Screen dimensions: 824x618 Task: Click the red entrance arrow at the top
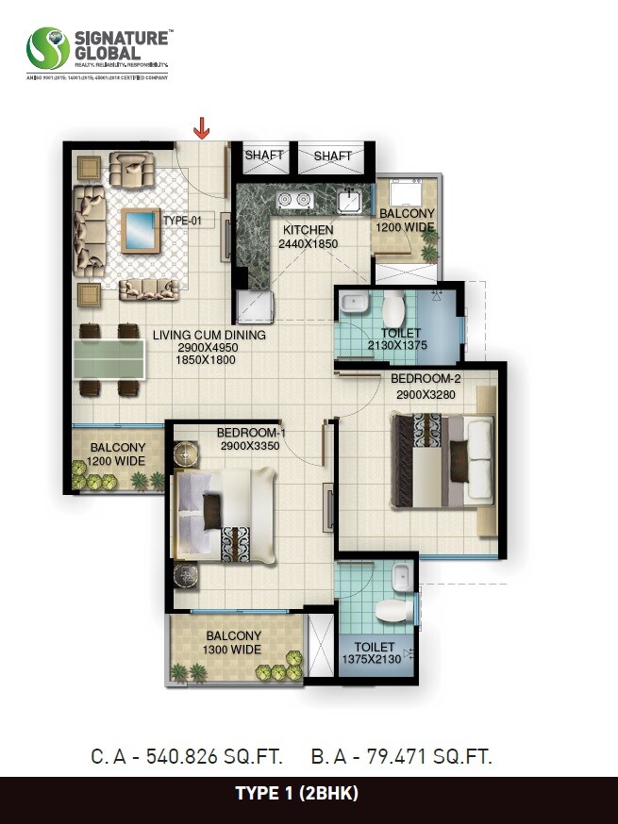[x=201, y=127]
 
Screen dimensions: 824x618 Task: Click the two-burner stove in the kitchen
[x=290, y=200]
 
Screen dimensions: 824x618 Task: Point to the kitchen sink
[x=349, y=201]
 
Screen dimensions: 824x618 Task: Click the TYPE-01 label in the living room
[x=183, y=221]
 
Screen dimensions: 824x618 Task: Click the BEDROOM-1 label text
[x=251, y=433]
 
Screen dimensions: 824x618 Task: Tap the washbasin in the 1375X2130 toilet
[x=401, y=574]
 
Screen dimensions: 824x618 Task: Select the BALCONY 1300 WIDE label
[x=233, y=643]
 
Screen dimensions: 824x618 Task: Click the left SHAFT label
[x=264, y=156]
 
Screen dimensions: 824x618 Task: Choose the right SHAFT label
[x=332, y=156]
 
